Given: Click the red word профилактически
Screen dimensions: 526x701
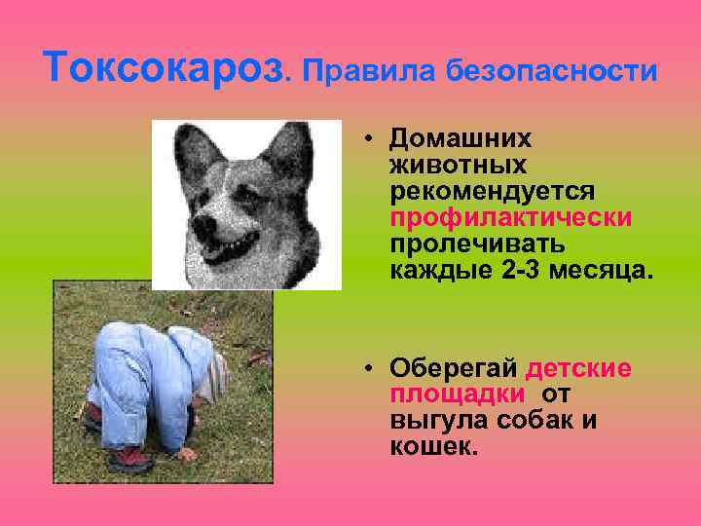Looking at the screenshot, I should (510, 215).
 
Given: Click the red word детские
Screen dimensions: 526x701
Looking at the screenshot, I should (578, 369).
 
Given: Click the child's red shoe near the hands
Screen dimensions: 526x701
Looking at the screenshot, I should (128, 456).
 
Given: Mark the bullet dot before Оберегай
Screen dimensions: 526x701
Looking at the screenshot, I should (371, 369).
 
